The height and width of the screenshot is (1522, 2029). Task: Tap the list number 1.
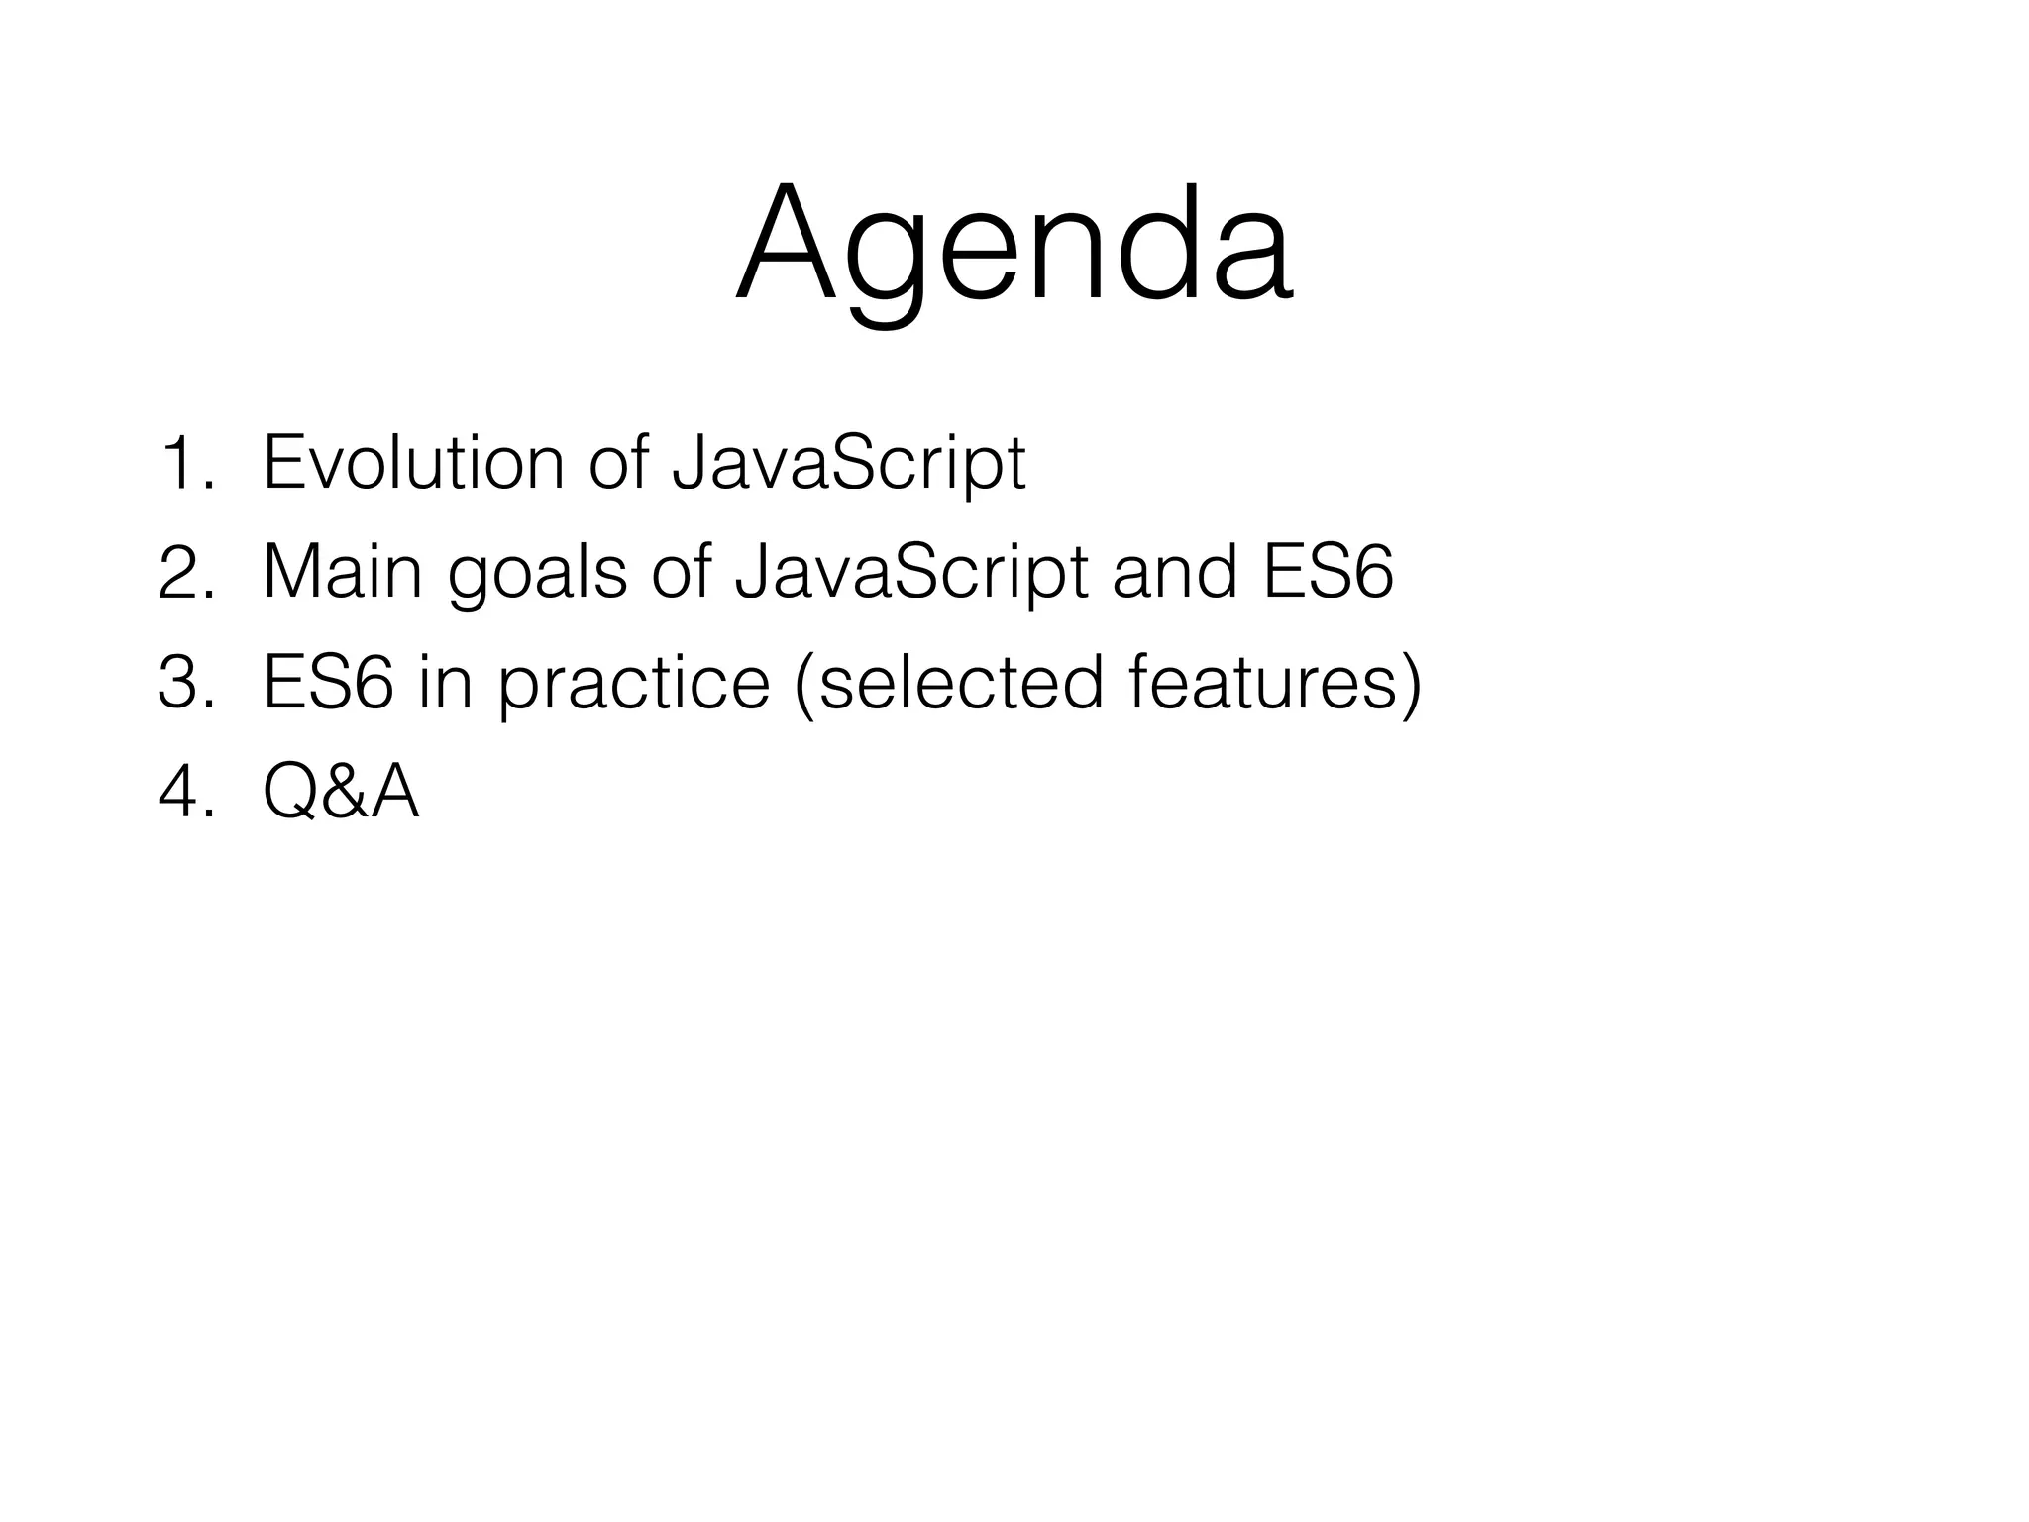point(184,464)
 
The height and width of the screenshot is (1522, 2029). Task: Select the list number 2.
point(184,575)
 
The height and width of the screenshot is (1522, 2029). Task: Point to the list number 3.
point(184,685)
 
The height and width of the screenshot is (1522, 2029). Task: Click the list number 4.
point(184,795)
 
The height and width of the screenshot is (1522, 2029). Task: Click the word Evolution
point(413,463)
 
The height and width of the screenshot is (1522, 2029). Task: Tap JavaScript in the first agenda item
point(848,463)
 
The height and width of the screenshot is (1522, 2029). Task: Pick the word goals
point(537,575)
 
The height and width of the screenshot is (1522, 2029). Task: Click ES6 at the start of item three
point(328,684)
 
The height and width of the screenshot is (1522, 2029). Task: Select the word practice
point(634,686)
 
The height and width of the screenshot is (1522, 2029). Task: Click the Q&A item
point(342,795)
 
